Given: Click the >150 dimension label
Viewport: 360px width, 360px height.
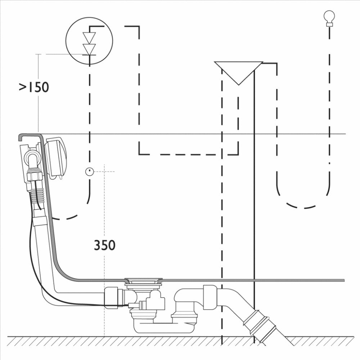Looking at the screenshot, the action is coord(34,87).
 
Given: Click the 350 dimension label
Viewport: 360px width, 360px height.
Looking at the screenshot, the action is coord(105,245).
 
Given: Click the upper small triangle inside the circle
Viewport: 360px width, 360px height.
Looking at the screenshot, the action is coord(89,38).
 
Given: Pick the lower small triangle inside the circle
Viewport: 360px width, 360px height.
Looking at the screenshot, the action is coord(89,49).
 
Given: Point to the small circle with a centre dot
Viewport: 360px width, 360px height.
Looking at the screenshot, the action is coord(90,171).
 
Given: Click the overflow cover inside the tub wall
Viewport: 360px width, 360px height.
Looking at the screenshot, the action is coord(56,158).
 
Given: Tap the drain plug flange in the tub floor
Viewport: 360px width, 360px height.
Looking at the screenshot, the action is coord(144,280).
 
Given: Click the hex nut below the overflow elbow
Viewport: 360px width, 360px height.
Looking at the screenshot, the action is coord(35,176).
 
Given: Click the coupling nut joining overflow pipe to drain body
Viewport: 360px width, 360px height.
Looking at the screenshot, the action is coord(111,298).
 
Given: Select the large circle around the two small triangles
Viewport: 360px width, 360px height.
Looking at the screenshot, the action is coord(89,41).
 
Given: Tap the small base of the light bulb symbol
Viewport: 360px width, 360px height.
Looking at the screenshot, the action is coord(329,24).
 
